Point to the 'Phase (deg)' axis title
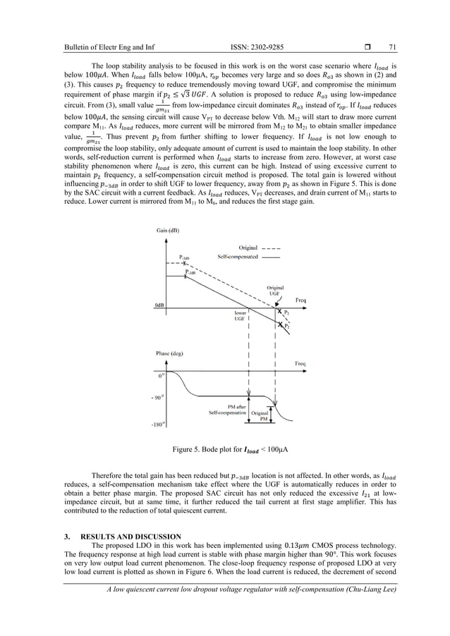166,351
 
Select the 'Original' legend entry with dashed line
248,247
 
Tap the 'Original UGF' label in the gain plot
276,290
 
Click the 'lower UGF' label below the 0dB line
234,315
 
